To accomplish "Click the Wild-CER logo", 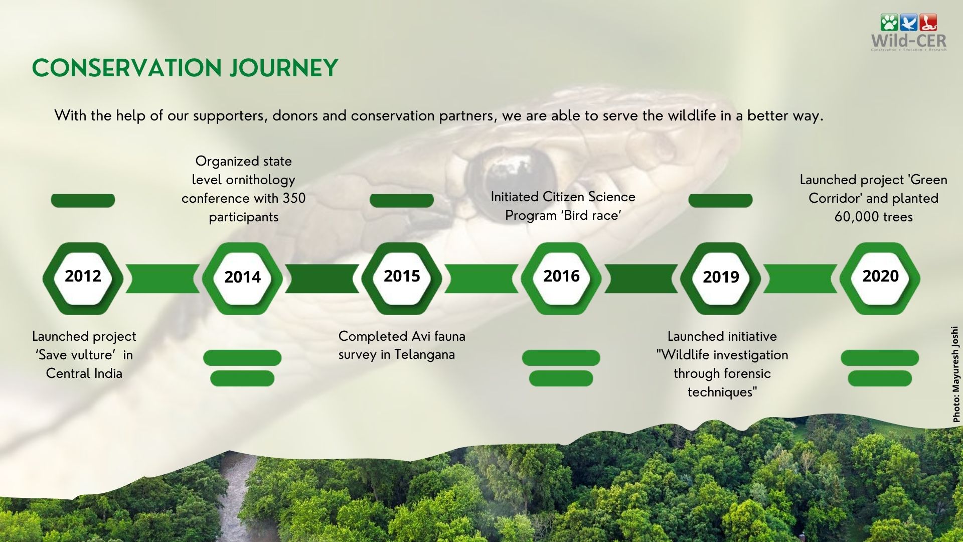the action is [909, 33].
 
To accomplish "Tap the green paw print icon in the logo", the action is [889, 23].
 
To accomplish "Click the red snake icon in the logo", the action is [928, 23].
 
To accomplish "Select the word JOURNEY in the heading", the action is [284, 68].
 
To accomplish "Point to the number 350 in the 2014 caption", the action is [294, 198].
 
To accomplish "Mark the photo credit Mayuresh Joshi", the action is [956, 374].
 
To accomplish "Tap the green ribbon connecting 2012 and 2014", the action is [163, 279].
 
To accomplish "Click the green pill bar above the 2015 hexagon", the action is [402, 200].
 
